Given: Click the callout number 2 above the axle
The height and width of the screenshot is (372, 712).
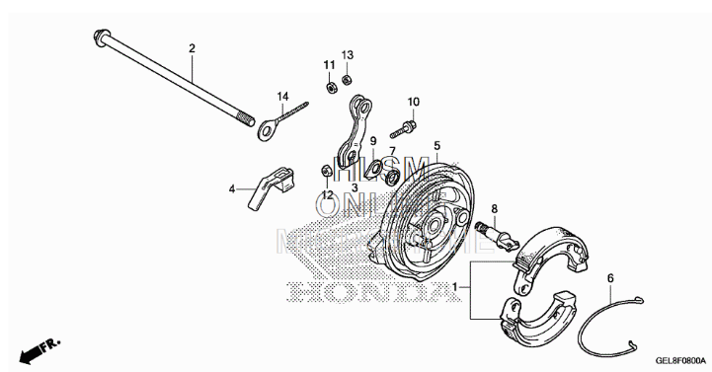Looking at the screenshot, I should click(x=192, y=48).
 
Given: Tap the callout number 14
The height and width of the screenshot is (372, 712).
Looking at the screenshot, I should click(x=282, y=97).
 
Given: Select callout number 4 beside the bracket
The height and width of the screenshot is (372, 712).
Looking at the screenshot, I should click(x=233, y=188).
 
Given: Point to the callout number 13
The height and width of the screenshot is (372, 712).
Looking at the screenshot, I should click(x=347, y=53).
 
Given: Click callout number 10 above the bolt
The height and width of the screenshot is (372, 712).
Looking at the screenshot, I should click(x=413, y=102).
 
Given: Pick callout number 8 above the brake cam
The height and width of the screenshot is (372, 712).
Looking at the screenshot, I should click(x=495, y=208).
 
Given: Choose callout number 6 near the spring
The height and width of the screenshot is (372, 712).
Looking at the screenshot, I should click(x=610, y=278).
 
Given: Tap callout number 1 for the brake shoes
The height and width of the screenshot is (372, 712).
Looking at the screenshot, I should click(x=454, y=287).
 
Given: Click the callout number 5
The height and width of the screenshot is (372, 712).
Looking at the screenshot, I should click(x=436, y=145).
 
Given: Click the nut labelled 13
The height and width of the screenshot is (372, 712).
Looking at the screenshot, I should click(x=348, y=77).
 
